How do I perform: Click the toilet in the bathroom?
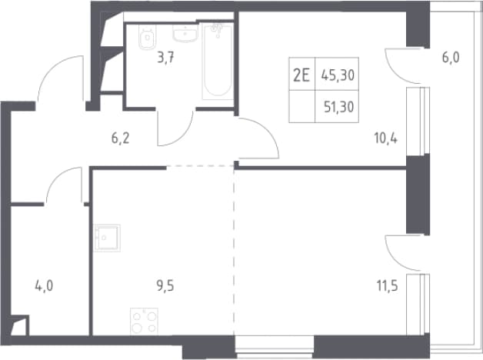pos(147,37)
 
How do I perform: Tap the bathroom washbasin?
pos(185,33)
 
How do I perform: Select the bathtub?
pos(218,62)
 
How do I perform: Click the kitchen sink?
pos(107,238)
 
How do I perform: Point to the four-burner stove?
pos(144,322)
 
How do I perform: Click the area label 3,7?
pos(165,58)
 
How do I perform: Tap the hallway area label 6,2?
pos(121,138)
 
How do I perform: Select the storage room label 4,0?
pos(44,286)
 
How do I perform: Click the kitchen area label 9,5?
pos(165,286)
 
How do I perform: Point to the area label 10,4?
pos(386,138)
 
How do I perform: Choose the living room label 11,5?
pos(387,286)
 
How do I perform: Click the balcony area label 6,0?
pos(451,58)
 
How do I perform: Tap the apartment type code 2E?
pos(301,75)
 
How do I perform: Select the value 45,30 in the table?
pos(338,75)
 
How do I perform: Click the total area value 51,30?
pos(339,107)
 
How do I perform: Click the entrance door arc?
pos(49,66)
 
